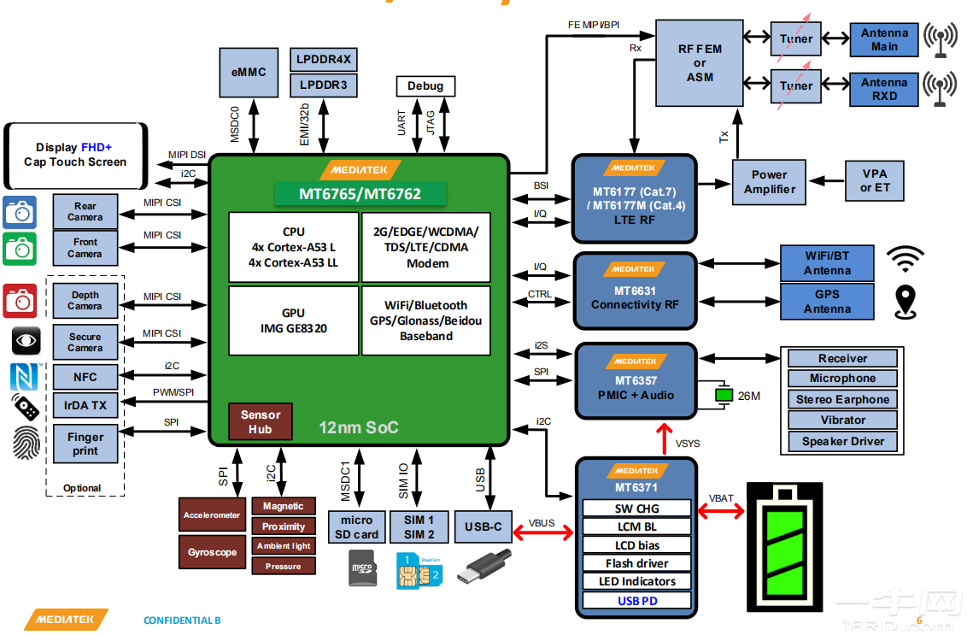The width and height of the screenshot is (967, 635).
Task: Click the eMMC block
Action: tap(248, 73)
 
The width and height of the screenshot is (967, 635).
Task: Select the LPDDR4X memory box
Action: tap(324, 60)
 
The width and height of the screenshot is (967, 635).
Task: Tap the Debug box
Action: tap(425, 85)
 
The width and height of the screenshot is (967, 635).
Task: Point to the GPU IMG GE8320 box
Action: tap(293, 320)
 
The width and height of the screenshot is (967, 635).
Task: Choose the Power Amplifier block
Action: tap(769, 182)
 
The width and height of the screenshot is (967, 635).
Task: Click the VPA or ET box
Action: tap(875, 180)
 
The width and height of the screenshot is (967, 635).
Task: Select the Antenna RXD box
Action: tap(884, 89)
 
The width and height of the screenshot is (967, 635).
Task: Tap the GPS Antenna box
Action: tap(827, 301)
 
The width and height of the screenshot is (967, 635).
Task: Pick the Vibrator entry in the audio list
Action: tap(842, 420)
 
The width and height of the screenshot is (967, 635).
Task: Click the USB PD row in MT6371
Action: tap(637, 601)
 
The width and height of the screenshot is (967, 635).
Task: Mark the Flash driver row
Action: tap(637, 563)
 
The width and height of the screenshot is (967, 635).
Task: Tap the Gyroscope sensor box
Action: tap(212, 552)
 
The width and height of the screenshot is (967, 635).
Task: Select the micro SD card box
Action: tap(356, 527)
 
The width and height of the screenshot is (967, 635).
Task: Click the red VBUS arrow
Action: tap(543, 533)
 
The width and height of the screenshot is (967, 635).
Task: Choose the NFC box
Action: tap(85, 377)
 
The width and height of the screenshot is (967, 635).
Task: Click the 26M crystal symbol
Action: tap(724, 395)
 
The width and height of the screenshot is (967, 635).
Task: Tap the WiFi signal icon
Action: tap(905, 258)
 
